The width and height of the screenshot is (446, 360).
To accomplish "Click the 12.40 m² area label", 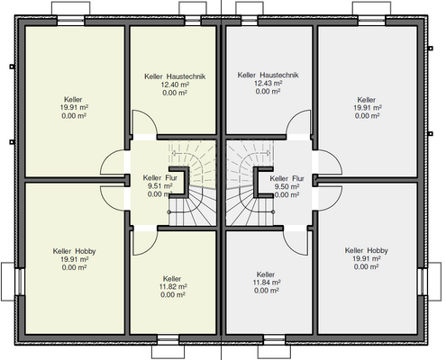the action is point(175,85).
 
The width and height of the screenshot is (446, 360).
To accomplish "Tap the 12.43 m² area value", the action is point(268,83).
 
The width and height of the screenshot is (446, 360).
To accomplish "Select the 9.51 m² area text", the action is point(159,186).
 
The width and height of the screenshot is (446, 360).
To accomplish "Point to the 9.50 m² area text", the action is point(287,186).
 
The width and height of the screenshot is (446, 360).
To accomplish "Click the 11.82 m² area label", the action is point(173,287).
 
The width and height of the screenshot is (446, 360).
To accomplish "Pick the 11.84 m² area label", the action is point(267,283).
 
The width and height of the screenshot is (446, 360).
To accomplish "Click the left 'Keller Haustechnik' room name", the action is point(175,76).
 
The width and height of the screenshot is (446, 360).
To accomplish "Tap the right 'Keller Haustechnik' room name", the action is point(268,75).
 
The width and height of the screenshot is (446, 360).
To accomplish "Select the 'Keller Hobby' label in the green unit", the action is point(74,251).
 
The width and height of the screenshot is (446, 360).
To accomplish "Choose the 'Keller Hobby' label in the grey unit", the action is point(367,250).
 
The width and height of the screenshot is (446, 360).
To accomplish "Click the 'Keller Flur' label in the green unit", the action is point(160,178).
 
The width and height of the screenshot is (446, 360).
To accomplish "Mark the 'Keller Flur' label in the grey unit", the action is point(287,179).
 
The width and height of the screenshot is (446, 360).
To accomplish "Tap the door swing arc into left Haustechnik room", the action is point(150,118).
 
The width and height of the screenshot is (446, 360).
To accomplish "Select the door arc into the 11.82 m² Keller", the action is point(150,247).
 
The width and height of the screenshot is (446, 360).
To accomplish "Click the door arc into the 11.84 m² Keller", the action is point(290,247).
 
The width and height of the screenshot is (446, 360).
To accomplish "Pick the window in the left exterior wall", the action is point(21,282).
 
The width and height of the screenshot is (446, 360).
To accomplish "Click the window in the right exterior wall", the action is point(422,282).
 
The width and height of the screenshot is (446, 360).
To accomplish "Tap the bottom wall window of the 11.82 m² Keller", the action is point(168,339).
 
